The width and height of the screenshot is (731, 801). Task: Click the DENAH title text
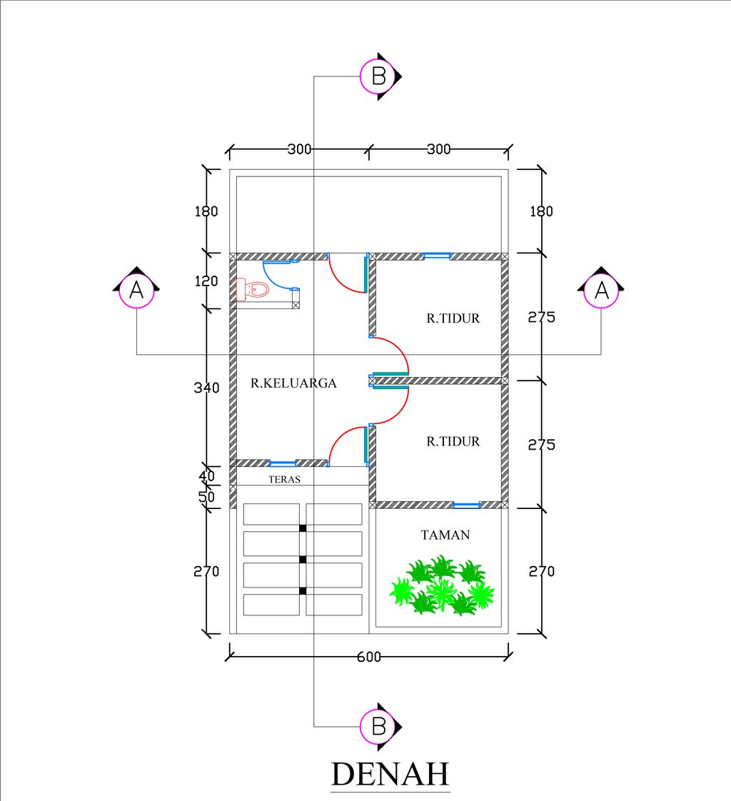[x=390, y=774]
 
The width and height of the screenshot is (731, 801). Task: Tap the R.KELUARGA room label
[x=293, y=383]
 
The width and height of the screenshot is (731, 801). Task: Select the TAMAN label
[x=445, y=534]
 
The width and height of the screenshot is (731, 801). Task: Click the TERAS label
[x=285, y=480]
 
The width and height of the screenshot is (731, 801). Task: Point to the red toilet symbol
[x=252, y=290]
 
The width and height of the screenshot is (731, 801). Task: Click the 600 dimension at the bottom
[x=368, y=657]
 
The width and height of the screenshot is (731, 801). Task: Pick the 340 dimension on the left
[x=206, y=388]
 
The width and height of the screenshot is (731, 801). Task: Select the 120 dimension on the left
[x=206, y=281]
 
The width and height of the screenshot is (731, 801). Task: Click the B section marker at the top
[x=379, y=76]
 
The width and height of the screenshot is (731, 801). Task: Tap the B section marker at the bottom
[x=379, y=726]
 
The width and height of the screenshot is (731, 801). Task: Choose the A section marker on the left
[x=136, y=290]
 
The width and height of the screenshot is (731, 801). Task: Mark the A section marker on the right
[x=601, y=290]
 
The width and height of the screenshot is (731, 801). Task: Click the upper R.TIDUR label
[x=453, y=319]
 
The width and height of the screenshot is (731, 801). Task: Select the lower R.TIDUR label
[x=453, y=441]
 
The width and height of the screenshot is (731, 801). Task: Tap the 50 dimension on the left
[x=207, y=496]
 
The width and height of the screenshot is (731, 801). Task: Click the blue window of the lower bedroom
[x=467, y=505]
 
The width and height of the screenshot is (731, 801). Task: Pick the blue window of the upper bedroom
[x=436, y=256]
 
